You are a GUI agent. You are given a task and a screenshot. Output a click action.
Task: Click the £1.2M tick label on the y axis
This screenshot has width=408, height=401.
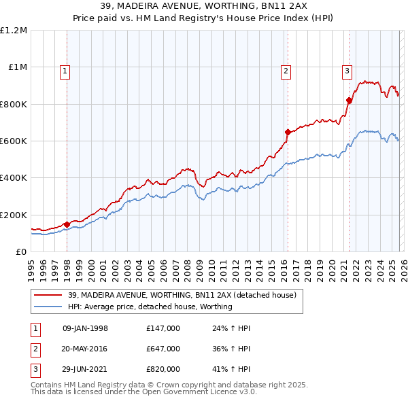(14, 31)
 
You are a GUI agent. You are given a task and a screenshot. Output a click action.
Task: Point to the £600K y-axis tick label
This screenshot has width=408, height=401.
(14, 141)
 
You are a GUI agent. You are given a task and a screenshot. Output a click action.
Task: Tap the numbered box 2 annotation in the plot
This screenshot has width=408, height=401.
(286, 70)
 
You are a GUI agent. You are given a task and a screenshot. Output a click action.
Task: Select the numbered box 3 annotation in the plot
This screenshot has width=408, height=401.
(347, 70)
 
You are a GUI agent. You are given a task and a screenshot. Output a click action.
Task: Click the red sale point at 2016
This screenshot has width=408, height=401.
(288, 132)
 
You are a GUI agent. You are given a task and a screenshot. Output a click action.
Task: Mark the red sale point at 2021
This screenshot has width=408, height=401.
(349, 100)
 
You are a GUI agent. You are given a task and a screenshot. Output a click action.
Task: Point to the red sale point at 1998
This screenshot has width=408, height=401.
(67, 224)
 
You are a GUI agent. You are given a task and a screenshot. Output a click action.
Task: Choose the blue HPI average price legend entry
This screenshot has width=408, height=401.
(150, 307)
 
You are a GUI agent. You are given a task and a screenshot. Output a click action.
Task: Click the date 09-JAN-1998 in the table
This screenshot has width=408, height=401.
(85, 328)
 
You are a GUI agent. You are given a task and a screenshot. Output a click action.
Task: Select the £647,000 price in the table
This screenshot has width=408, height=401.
(163, 349)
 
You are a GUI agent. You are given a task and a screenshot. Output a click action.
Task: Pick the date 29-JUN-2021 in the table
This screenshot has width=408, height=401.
(85, 369)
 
